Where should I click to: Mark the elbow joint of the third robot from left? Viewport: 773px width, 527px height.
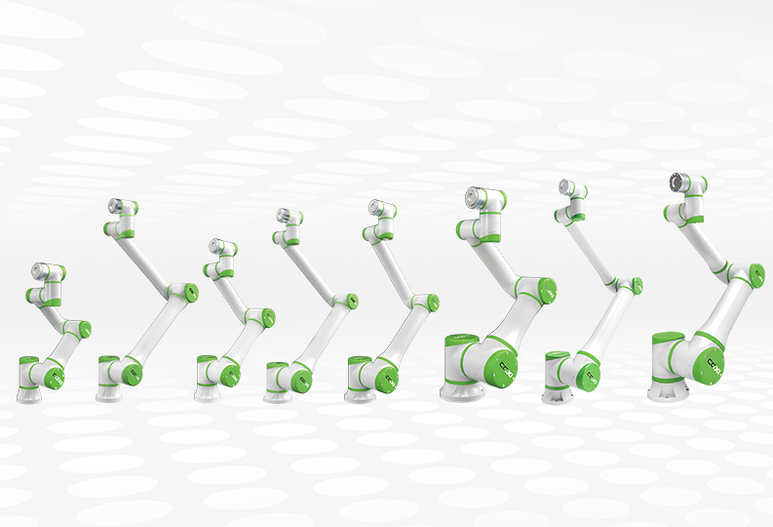pos(260,318)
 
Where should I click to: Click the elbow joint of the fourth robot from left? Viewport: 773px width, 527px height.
pos(343,302)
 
